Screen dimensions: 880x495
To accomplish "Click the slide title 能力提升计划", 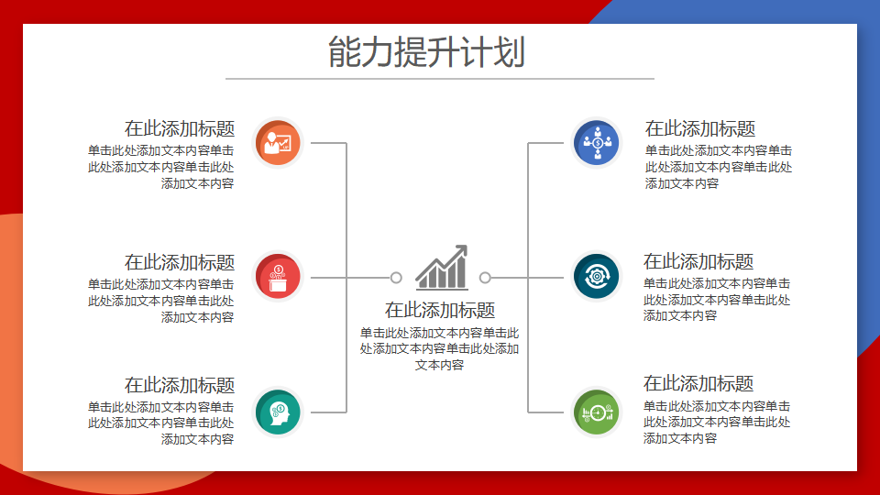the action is click(426, 51).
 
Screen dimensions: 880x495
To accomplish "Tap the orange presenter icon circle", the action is click(278, 143).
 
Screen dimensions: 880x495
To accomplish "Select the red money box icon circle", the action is click(278, 276).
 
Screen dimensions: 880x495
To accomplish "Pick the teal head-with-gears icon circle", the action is click(278, 412).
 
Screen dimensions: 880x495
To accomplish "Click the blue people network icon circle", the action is click(597, 143).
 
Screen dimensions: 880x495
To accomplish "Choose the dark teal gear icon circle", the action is click(597, 276).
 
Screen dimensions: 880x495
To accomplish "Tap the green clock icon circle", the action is click(597, 412).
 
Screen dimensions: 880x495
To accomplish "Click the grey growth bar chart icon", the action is click(442, 268).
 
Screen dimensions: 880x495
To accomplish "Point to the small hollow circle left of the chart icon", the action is click(396, 277).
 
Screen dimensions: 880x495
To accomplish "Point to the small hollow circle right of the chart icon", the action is click(486, 277).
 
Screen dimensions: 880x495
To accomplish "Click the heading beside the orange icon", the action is click(180, 128).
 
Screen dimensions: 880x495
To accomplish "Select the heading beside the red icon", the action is click(180, 262).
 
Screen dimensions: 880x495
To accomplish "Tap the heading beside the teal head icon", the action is click(180, 385).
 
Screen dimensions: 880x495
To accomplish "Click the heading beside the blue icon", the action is click(700, 128).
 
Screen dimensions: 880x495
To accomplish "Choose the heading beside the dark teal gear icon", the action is click(698, 261).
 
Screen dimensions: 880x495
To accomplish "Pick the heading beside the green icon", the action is click(698, 383).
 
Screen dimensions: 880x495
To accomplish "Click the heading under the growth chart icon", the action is click(440, 310).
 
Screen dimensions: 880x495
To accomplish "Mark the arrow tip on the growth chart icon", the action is click(466, 246).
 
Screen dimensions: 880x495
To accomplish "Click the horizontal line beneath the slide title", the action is click(440, 79).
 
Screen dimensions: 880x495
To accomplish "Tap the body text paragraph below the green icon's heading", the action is click(717, 422).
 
